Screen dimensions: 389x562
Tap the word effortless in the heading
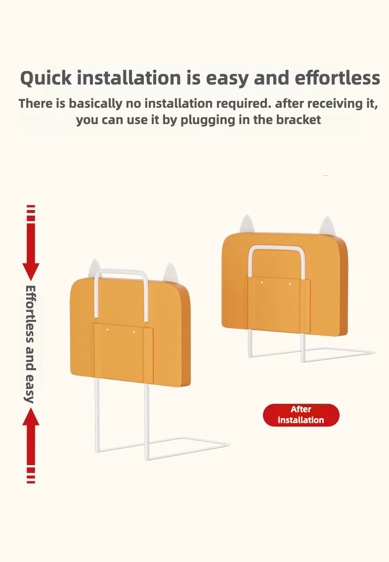coord(338,78)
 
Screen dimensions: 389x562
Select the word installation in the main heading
coord(129,78)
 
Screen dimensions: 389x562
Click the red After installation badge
coord(301,415)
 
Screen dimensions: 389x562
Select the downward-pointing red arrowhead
coord(31,271)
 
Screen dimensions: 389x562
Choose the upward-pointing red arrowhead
coord(31,417)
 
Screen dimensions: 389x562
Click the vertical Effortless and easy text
coord(31,344)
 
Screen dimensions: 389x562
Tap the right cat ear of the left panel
coord(171,273)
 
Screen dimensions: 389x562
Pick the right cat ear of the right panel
coord(327,226)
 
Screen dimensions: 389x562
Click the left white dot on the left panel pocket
coord(107,328)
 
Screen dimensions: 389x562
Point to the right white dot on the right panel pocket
coord(290,284)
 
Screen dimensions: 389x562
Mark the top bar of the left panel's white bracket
coord(121,272)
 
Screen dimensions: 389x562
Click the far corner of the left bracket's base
coord(229,444)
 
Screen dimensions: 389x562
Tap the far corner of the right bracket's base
coord(374,352)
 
